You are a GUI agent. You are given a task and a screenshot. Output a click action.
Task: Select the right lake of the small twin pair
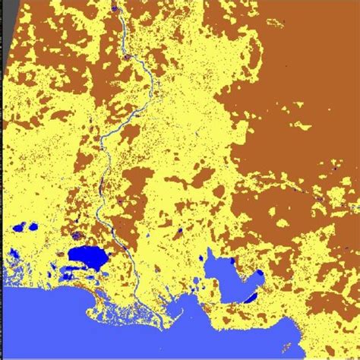(x=33, y=226)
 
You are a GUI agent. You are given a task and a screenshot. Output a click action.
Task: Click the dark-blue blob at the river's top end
(x=114, y=8)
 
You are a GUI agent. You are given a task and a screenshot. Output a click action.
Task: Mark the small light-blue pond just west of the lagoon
(x=196, y=283)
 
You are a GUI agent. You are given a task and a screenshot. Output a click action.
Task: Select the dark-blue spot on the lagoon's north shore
(x=227, y=258)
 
